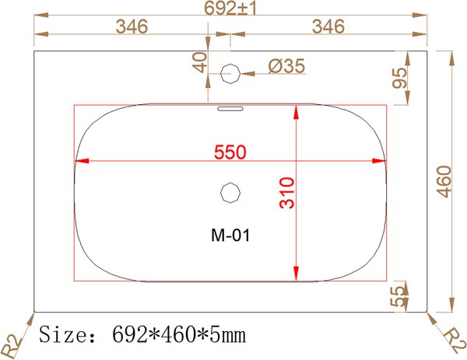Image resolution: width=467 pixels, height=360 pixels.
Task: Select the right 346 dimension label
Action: [327, 26]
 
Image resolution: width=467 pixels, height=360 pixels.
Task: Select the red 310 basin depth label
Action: [286, 192]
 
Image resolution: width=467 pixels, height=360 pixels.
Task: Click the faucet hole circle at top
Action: [230, 75]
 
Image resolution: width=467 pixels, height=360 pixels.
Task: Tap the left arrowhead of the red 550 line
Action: [79, 162]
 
